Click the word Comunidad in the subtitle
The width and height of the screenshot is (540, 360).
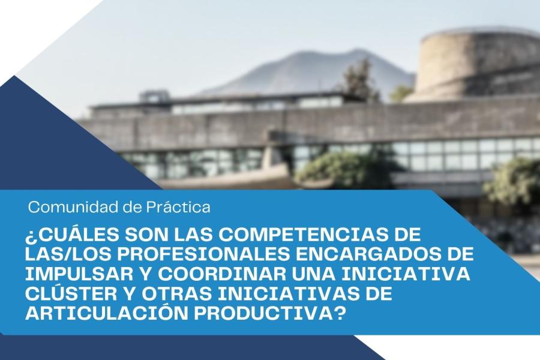[x=73, y=208]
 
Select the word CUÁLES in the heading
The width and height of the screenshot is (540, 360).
[x=76, y=235]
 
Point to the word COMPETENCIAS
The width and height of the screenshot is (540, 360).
[x=303, y=235]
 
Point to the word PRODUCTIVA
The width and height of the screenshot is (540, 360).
[x=263, y=313]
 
